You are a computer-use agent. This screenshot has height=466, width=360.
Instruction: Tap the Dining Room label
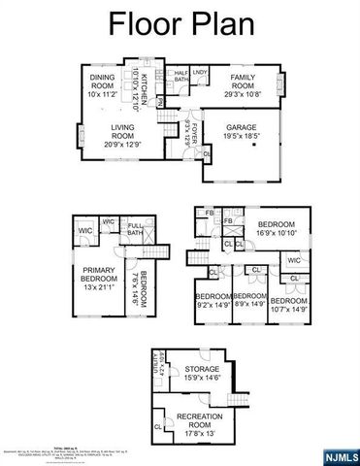102,86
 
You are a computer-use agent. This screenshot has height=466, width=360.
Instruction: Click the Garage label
241,133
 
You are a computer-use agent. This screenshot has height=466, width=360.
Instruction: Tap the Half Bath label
181,76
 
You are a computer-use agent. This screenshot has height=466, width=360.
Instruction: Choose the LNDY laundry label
201,72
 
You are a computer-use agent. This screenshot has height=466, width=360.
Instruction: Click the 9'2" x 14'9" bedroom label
213,300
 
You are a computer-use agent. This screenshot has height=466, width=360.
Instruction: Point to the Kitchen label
144,90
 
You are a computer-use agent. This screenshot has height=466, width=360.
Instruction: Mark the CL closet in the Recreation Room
157,425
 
